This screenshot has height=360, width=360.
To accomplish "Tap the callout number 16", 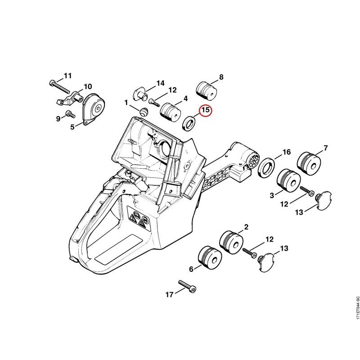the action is point(286,152).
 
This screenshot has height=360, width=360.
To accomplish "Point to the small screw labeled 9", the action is point(71,114).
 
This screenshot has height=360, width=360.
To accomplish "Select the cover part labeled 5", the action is point(94,109).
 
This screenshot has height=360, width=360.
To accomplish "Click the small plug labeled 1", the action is point(144,112).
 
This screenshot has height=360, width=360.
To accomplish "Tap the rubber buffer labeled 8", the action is point(207,90).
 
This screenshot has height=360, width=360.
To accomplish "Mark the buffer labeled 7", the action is point(309,164).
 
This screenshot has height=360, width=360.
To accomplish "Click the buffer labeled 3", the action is point(288,181).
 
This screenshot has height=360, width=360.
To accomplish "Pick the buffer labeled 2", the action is point(231,242).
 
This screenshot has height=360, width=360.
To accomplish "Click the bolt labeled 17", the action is point(187,286).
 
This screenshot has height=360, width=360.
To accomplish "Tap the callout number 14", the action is point(161,83).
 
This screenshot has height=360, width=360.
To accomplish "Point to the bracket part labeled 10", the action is point(70,98).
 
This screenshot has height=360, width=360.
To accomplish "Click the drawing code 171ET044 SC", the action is point(357,307).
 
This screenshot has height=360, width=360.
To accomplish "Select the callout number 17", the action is point(170,294).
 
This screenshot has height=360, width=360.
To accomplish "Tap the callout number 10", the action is point(88,86).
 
